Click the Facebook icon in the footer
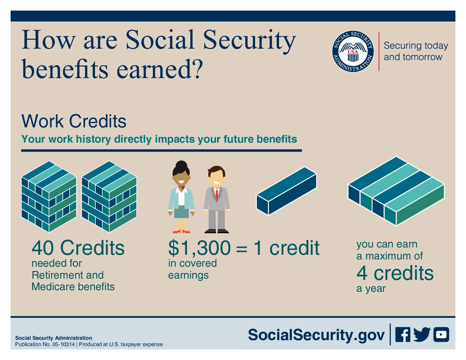point(403,335)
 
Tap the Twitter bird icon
point(422,335)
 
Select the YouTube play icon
point(441,335)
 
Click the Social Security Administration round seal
point(353,51)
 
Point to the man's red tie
point(216,196)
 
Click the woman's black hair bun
point(181,165)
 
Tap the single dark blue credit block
point(287,191)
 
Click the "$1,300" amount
point(200,248)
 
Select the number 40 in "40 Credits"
point(42,248)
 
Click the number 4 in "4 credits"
point(362,273)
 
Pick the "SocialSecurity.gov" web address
point(316,335)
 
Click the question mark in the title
point(197,68)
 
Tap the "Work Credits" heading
point(74,121)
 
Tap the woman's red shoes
point(181,232)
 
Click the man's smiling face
point(216,179)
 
